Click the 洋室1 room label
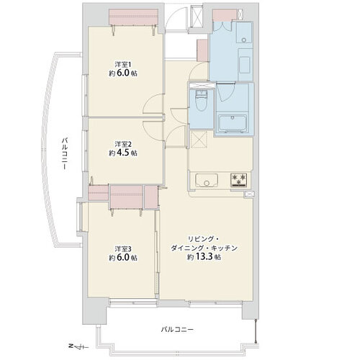[123, 65]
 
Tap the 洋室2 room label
[123, 144]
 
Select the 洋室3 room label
[123, 248]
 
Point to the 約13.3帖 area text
[204, 257]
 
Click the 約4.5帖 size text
[123, 153]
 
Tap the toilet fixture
[201, 101]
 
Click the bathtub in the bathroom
[233, 123]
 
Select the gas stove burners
[239, 180]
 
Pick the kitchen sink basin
[207, 180]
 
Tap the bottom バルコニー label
[177, 330]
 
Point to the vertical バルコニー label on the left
[64, 154]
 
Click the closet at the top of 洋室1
[133, 17]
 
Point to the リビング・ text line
[204, 239]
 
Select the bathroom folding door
[225, 91]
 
